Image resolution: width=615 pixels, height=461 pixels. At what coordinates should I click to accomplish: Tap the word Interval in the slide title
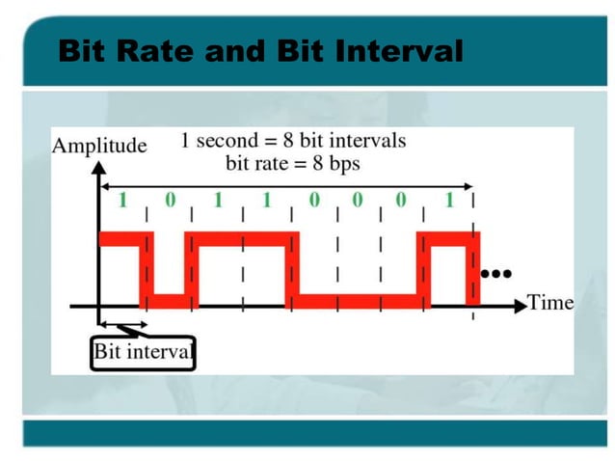399,49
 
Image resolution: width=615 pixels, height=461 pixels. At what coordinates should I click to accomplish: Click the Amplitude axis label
99,146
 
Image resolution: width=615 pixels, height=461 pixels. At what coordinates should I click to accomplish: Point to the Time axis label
550,303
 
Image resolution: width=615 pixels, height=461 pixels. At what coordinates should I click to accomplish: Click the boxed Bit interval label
144,353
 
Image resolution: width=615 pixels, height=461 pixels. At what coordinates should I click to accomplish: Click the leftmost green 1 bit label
122,202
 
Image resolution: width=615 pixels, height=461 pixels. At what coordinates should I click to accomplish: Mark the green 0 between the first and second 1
170,202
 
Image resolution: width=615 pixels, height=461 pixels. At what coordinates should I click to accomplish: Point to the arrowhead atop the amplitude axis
98,167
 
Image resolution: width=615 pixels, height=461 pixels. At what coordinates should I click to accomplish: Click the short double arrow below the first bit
122,323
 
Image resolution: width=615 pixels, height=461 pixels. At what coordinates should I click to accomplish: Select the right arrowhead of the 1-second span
470,185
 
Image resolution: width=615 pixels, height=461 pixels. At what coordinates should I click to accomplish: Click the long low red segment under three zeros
357,302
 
